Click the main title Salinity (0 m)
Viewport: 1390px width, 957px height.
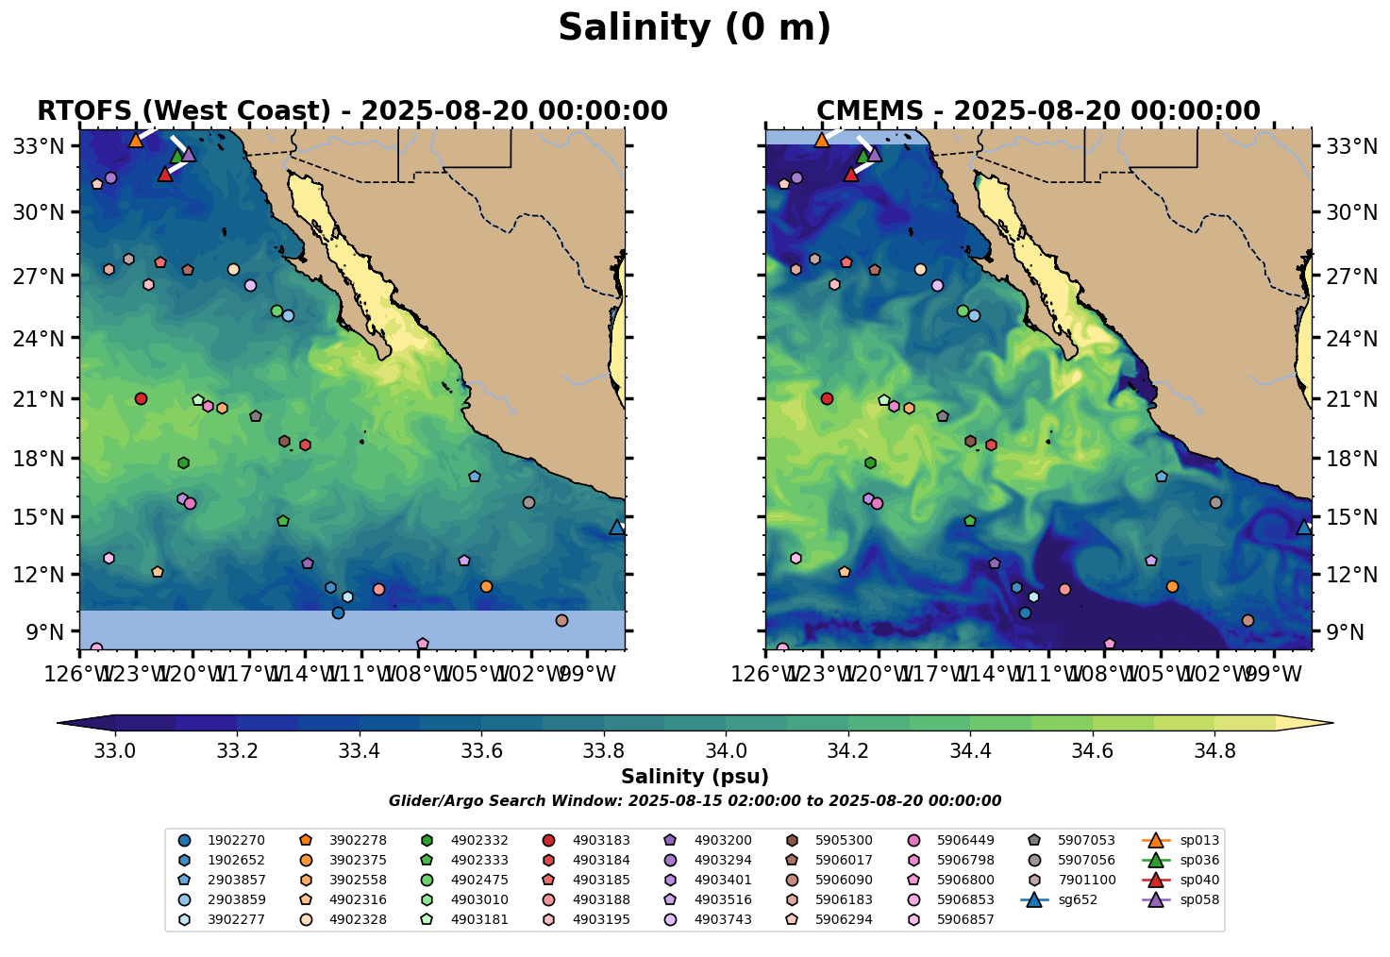(x=695, y=28)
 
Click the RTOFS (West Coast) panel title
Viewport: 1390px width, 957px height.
(x=352, y=111)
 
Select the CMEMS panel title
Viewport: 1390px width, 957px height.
(x=1038, y=111)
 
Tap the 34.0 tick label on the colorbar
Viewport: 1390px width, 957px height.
(x=726, y=751)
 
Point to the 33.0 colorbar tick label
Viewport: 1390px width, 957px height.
(x=115, y=751)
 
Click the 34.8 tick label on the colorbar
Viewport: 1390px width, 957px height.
(x=1214, y=751)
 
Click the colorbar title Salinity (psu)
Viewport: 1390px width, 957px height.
(x=695, y=777)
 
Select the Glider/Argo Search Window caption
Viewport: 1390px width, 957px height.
(x=695, y=801)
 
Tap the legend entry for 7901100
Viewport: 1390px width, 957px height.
(x=1086, y=880)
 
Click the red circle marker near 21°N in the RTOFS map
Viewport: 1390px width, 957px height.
(x=141, y=398)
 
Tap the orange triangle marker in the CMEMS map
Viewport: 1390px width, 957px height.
(x=822, y=140)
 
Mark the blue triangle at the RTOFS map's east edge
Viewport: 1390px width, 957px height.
(x=617, y=527)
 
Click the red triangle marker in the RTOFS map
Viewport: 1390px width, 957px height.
(x=165, y=174)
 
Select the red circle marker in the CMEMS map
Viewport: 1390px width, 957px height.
(x=827, y=398)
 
